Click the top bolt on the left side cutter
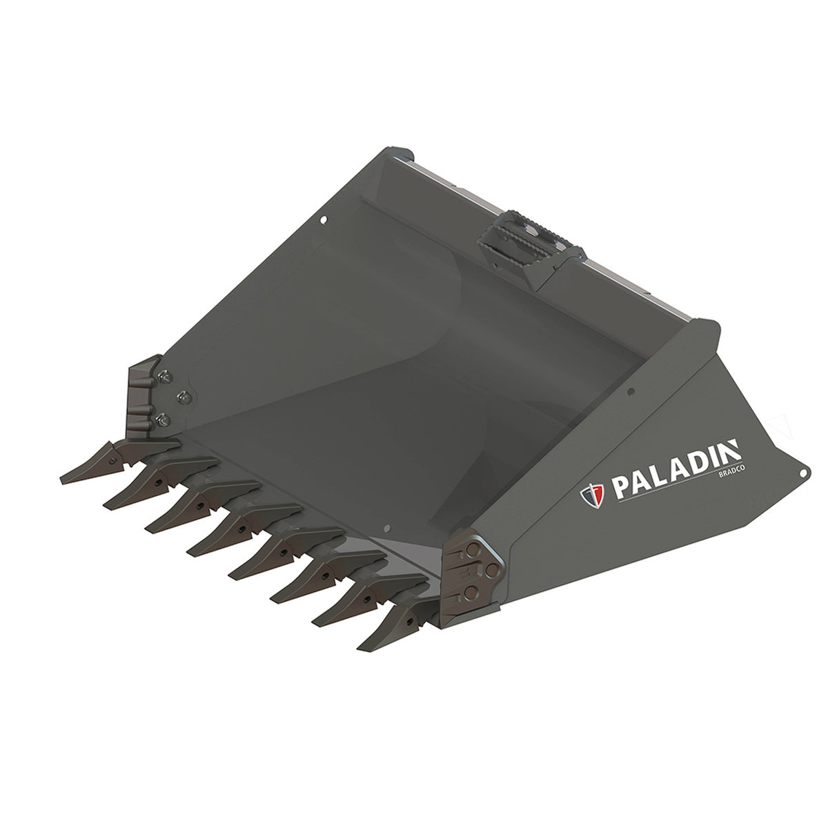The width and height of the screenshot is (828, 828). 164,376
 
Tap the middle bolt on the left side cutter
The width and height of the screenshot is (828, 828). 184,396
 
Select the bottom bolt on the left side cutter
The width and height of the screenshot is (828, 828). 164,417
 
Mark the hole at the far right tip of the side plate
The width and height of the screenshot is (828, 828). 802,472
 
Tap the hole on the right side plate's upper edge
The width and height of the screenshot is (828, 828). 630,392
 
